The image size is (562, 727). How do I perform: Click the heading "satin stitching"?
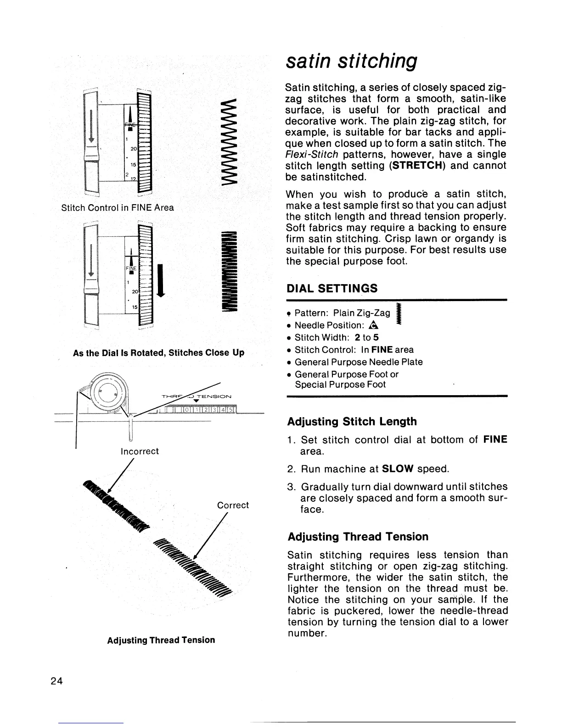click(x=351, y=60)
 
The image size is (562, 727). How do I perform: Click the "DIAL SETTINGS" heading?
click(x=332, y=288)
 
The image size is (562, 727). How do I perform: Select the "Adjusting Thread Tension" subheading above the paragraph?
click(x=358, y=537)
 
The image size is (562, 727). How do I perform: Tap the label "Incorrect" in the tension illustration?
click(x=139, y=451)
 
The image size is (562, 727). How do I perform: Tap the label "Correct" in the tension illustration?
click(x=233, y=505)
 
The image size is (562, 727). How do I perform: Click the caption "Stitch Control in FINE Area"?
click(x=118, y=207)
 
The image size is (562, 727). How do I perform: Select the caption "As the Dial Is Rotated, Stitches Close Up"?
click(x=159, y=353)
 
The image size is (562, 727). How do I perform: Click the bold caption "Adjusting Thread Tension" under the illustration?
click(x=161, y=640)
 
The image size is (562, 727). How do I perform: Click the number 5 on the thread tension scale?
click(x=230, y=409)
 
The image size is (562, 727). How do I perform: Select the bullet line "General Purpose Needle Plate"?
click(x=358, y=362)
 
